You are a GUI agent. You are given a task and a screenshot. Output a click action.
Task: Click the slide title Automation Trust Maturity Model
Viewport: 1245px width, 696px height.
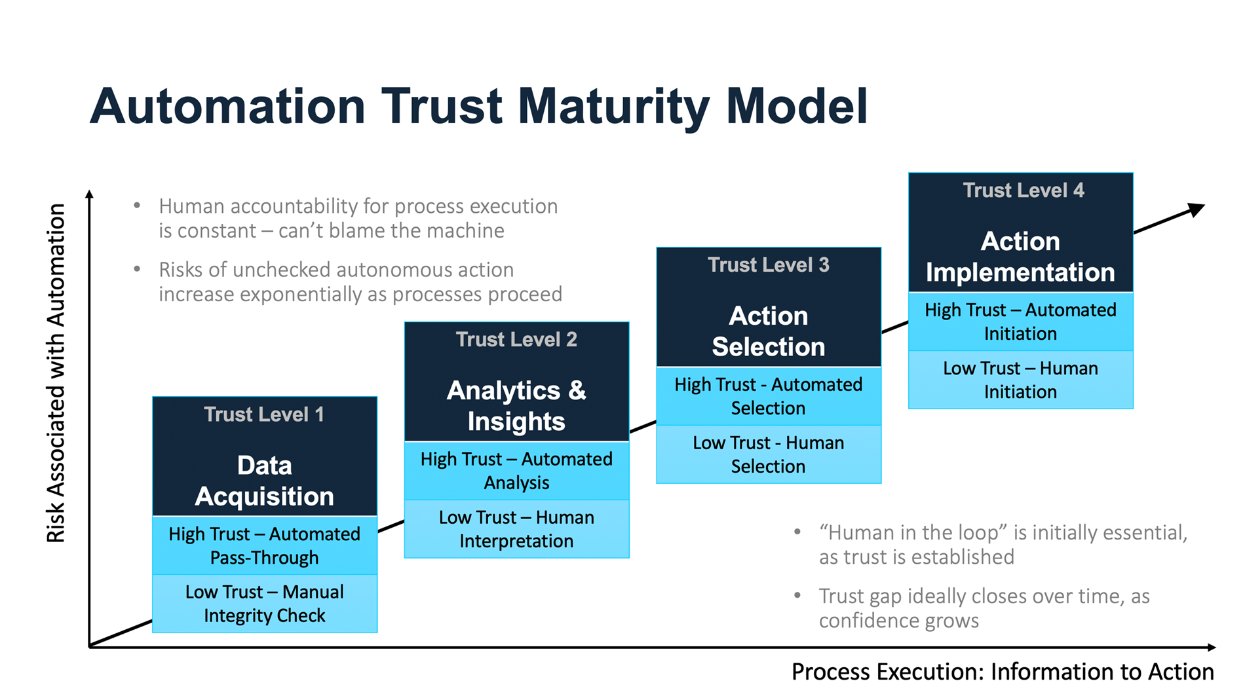(478, 107)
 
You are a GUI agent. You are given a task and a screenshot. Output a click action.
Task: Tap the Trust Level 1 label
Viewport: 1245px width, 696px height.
(264, 414)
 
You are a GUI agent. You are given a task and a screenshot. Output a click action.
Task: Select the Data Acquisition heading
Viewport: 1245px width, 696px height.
(264, 481)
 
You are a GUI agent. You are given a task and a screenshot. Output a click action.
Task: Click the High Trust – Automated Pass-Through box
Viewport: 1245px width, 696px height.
(265, 545)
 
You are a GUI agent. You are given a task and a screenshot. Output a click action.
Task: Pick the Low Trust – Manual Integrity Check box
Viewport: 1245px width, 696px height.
(265, 604)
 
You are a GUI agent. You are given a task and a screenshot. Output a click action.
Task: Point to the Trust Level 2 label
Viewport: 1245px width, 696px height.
(516, 340)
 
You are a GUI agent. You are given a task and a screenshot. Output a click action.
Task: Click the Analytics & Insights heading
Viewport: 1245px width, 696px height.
(516, 406)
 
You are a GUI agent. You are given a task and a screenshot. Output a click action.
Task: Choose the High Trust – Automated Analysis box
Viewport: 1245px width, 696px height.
(517, 471)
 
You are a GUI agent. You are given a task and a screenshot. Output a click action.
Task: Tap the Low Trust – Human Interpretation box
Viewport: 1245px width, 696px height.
(517, 529)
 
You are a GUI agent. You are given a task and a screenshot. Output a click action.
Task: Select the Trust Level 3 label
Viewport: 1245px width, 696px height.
(769, 265)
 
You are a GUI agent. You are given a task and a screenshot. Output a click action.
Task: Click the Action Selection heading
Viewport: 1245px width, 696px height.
(769, 331)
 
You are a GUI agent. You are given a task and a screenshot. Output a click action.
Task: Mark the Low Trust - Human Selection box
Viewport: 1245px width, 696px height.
(769, 454)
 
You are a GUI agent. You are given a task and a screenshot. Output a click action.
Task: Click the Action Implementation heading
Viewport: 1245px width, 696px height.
(1020, 257)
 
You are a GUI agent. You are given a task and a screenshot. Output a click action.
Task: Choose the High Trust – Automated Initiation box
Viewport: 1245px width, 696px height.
(1021, 321)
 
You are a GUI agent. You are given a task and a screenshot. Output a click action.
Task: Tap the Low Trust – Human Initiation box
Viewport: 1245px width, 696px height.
(1021, 380)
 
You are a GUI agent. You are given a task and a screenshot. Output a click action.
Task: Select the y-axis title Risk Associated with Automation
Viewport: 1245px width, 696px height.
(56, 373)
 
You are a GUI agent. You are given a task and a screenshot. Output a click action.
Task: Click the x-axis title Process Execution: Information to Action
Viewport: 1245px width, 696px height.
(1003, 672)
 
